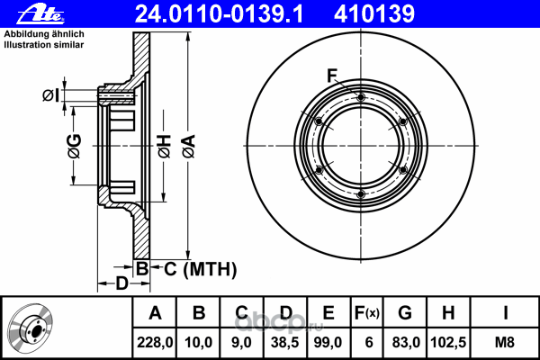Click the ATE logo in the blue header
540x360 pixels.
[x=40, y=15]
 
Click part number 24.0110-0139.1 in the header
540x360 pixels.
[x=219, y=14]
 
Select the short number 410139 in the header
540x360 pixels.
[x=374, y=14]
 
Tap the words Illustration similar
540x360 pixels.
[x=44, y=45]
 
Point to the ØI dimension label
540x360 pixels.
[x=51, y=95]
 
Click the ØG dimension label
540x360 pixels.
[x=75, y=146]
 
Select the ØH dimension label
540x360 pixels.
[x=165, y=147]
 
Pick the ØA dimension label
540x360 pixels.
[x=189, y=146]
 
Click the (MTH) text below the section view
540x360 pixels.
[x=210, y=269]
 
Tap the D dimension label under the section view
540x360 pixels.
[x=121, y=283]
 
